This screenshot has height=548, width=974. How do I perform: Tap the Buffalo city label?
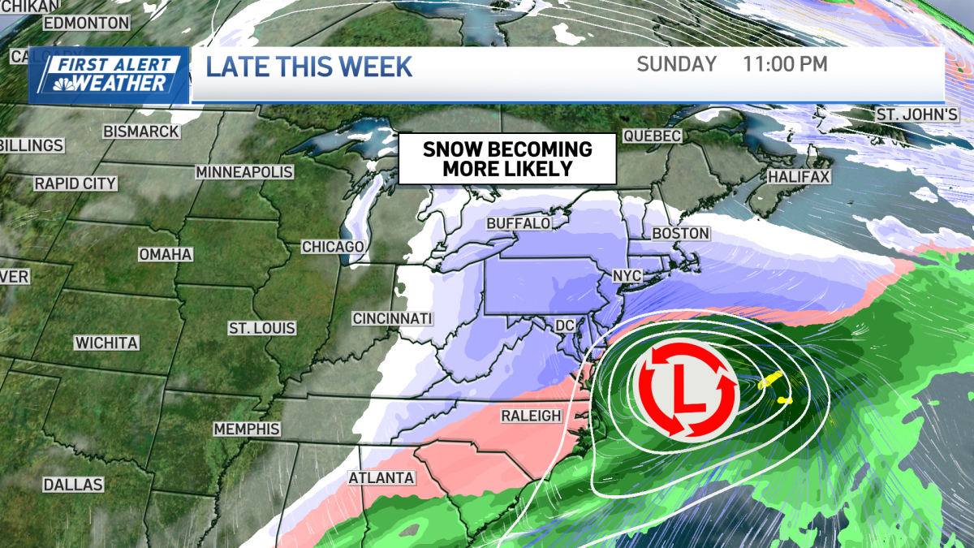[x=519, y=223]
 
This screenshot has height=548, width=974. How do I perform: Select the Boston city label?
[x=681, y=234]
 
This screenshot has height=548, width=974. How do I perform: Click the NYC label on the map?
[x=627, y=276]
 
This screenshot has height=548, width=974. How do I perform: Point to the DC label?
[x=564, y=326]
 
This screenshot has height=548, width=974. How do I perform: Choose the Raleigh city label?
[x=532, y=416]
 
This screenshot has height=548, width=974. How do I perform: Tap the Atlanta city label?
[x=381, y=478]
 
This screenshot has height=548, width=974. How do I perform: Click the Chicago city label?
[x=333, y=247]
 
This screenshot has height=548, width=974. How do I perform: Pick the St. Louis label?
[x=261, y=329]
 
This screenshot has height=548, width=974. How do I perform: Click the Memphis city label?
[x=246, y=429]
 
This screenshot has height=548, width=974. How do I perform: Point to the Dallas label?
[x=74, y=485]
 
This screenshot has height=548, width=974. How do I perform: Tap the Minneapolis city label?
[x=243, y=172]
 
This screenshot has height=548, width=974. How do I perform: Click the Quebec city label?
[x=652, y=136]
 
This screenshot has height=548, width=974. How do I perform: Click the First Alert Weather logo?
[x=110, y=76]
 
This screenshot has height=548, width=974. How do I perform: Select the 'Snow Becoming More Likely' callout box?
[x=507, y=159]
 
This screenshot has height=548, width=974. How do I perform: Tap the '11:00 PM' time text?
[x=785, y=64]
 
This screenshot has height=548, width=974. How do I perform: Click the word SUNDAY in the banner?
[x=677, y=64]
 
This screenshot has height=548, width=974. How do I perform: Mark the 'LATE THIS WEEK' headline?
[x=309, y=67]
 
